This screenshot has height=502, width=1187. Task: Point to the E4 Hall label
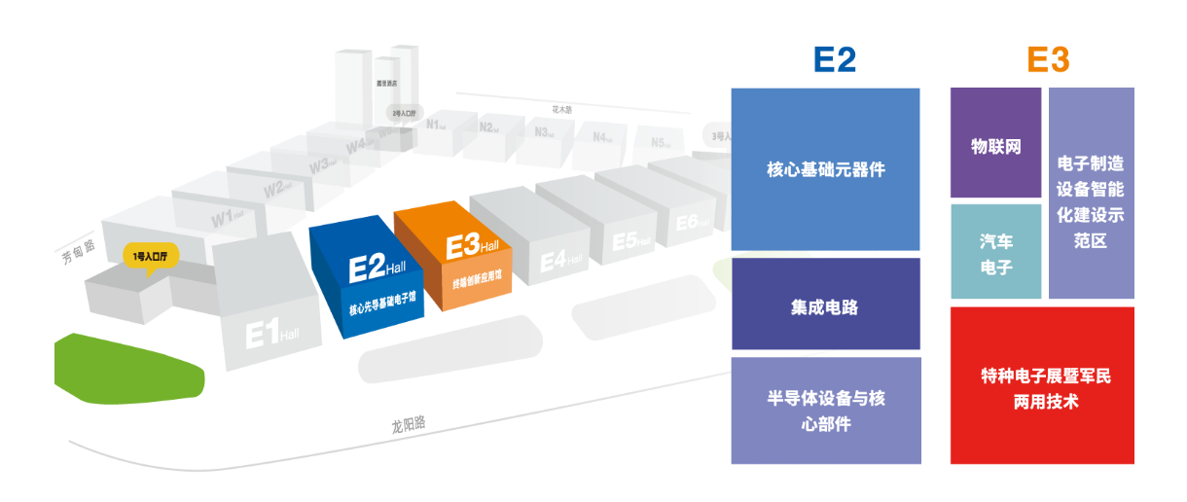560,262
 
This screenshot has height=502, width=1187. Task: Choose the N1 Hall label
435,124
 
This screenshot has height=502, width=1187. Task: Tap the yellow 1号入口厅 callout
151,258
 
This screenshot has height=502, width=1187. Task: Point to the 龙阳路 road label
409,425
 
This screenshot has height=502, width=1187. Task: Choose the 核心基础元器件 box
825,169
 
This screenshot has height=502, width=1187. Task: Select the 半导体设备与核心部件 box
825,411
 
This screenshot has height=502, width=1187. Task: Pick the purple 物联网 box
995,143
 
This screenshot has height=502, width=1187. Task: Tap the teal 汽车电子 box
995,252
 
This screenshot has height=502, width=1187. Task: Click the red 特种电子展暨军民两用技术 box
1042,385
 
